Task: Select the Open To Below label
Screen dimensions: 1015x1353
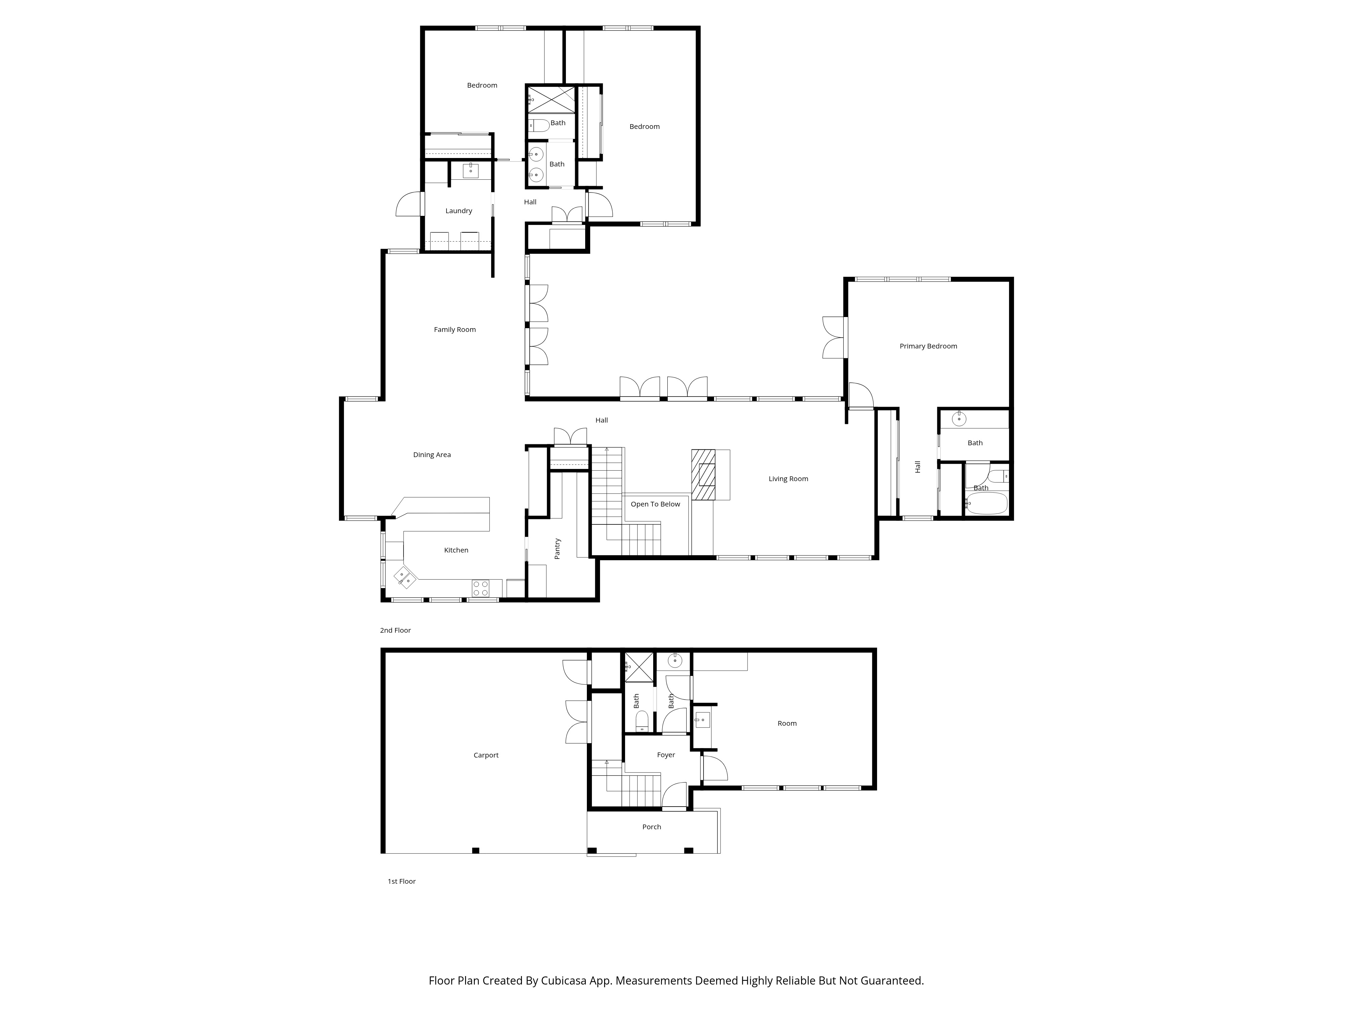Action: [x=655, y=504]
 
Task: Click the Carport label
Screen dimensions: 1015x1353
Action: [x=486, y=755]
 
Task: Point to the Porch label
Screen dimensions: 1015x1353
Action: [x=651, y=827]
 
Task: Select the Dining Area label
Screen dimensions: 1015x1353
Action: [x=431, y=455]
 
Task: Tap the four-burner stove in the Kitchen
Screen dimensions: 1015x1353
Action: [x=480, y=588]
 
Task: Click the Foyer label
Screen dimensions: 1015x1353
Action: [x=665, y=755]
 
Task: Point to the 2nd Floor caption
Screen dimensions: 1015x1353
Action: [x=395, y=630]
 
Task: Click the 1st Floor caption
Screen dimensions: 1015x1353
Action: [x=401, y=881]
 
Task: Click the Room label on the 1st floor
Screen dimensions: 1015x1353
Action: [x=786, y=723]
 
